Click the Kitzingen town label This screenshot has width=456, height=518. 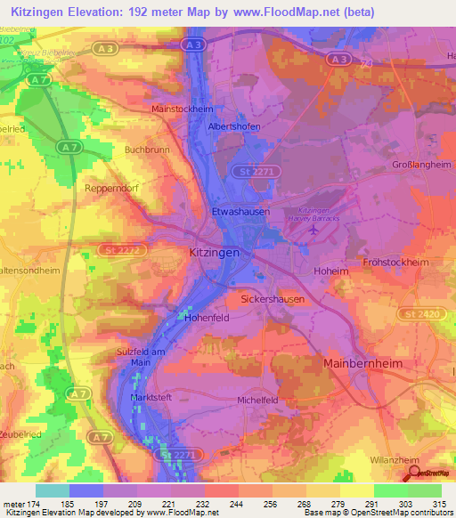coord(214,253)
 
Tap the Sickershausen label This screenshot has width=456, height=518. coord(273,300)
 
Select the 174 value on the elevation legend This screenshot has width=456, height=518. coord(37,504)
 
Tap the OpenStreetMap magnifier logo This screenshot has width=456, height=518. coord(415,473)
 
